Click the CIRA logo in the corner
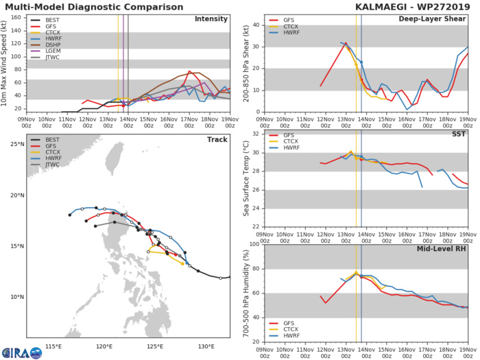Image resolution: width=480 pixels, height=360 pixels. pyautogui.click(x=21, y=351)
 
